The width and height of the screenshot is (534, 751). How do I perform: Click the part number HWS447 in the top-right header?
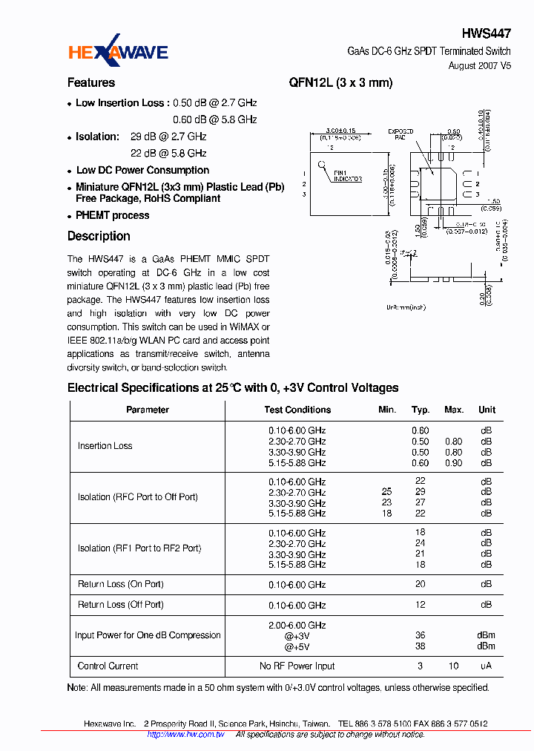486,33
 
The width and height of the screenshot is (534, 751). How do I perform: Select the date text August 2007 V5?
479,65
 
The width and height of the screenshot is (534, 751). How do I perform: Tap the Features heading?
91,83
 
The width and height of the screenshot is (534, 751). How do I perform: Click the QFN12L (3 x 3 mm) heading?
340,83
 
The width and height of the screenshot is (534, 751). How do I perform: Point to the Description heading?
99,236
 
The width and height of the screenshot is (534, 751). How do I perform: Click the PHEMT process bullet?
112,215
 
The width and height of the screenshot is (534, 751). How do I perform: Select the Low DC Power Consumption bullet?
142,170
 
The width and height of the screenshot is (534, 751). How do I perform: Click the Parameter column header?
147,410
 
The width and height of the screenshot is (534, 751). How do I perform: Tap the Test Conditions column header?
297,410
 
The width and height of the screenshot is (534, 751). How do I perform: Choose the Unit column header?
487,410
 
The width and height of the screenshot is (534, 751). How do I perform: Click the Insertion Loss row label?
105,446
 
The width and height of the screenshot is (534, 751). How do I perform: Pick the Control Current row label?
108,666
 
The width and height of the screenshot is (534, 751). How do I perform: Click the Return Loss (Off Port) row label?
120,605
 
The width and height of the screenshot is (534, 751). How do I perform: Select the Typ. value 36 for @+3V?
421,635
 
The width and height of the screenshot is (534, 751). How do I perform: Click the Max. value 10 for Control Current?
453,666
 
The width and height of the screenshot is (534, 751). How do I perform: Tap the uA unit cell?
486,666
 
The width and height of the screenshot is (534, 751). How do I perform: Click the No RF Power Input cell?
297,666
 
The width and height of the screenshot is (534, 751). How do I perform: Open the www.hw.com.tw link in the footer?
185,734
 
